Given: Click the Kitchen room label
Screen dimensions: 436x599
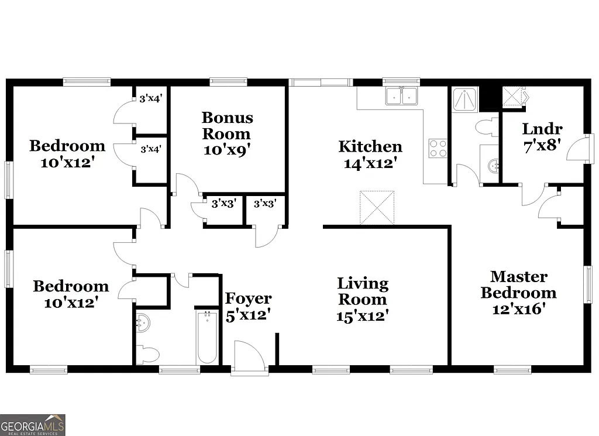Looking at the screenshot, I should pos(370,155).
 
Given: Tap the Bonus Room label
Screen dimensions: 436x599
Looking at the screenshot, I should pos(228,133).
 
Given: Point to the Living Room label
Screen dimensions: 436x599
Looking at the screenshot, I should pos(362,300).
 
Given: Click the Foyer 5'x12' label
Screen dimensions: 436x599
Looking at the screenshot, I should pos(248,307).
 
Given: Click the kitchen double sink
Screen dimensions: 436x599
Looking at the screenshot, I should pos(401,96).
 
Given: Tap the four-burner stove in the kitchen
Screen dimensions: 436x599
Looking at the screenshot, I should pos(438,149).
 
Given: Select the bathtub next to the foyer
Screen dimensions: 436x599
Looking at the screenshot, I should pos(207,338).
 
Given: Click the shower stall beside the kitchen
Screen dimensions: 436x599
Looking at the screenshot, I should pos(465,99).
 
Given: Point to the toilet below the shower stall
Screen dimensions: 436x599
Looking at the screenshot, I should pos(485,128).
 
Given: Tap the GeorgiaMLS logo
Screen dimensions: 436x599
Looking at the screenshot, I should pos(33,425).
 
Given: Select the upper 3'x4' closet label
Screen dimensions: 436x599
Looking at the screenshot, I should pos(150,99).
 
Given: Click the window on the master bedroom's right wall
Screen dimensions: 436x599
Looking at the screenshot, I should pos(587,284).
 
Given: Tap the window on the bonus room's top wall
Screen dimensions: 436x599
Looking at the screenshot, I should pos(227,81).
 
